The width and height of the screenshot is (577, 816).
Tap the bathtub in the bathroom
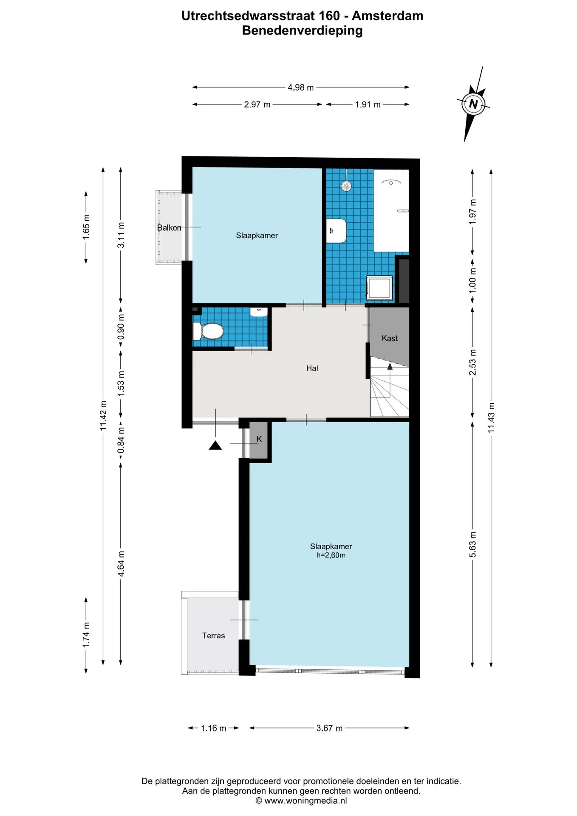pos(391,211)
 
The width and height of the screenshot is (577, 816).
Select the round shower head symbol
pos(347,186)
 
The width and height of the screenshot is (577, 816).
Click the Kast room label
pos(390,338)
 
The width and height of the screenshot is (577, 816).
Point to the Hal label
pos(312,368)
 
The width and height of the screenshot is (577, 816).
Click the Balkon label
pos(169,228)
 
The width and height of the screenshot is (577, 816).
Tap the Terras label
pos(213,636)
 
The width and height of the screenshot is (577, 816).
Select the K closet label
pos(259,439)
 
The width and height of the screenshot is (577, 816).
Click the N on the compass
pos(473,104)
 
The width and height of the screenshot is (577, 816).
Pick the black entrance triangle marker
pos(215,445)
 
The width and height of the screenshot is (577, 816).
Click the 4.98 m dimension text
pos(301,88)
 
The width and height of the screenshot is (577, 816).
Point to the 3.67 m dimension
pos(329,728)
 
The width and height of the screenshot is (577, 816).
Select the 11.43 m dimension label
pos(491,418)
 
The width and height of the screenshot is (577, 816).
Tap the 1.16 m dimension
pos(213,728)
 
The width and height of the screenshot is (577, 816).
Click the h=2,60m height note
pos(331,555)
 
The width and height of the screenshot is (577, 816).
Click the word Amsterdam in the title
pos(387,16)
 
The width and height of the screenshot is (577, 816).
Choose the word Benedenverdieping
pos(303,31)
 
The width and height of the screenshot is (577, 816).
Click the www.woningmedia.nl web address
pos(305,801)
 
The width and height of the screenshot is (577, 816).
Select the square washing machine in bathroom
pos(380,288)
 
